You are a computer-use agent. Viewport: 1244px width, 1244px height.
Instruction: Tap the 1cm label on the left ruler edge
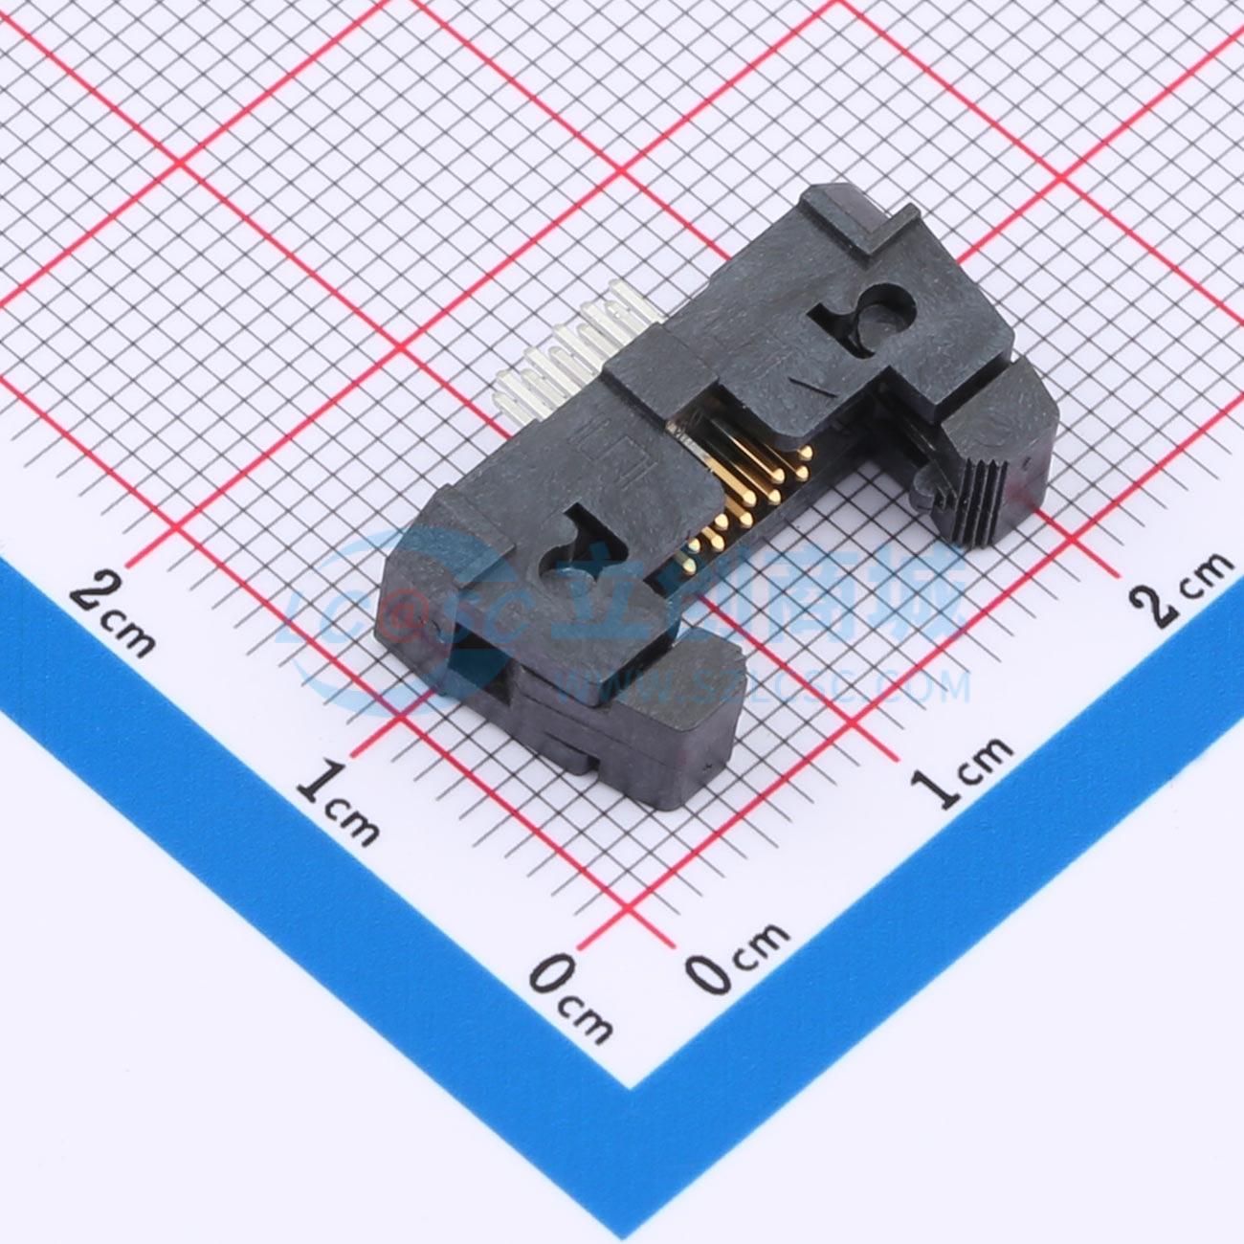point(337,804)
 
